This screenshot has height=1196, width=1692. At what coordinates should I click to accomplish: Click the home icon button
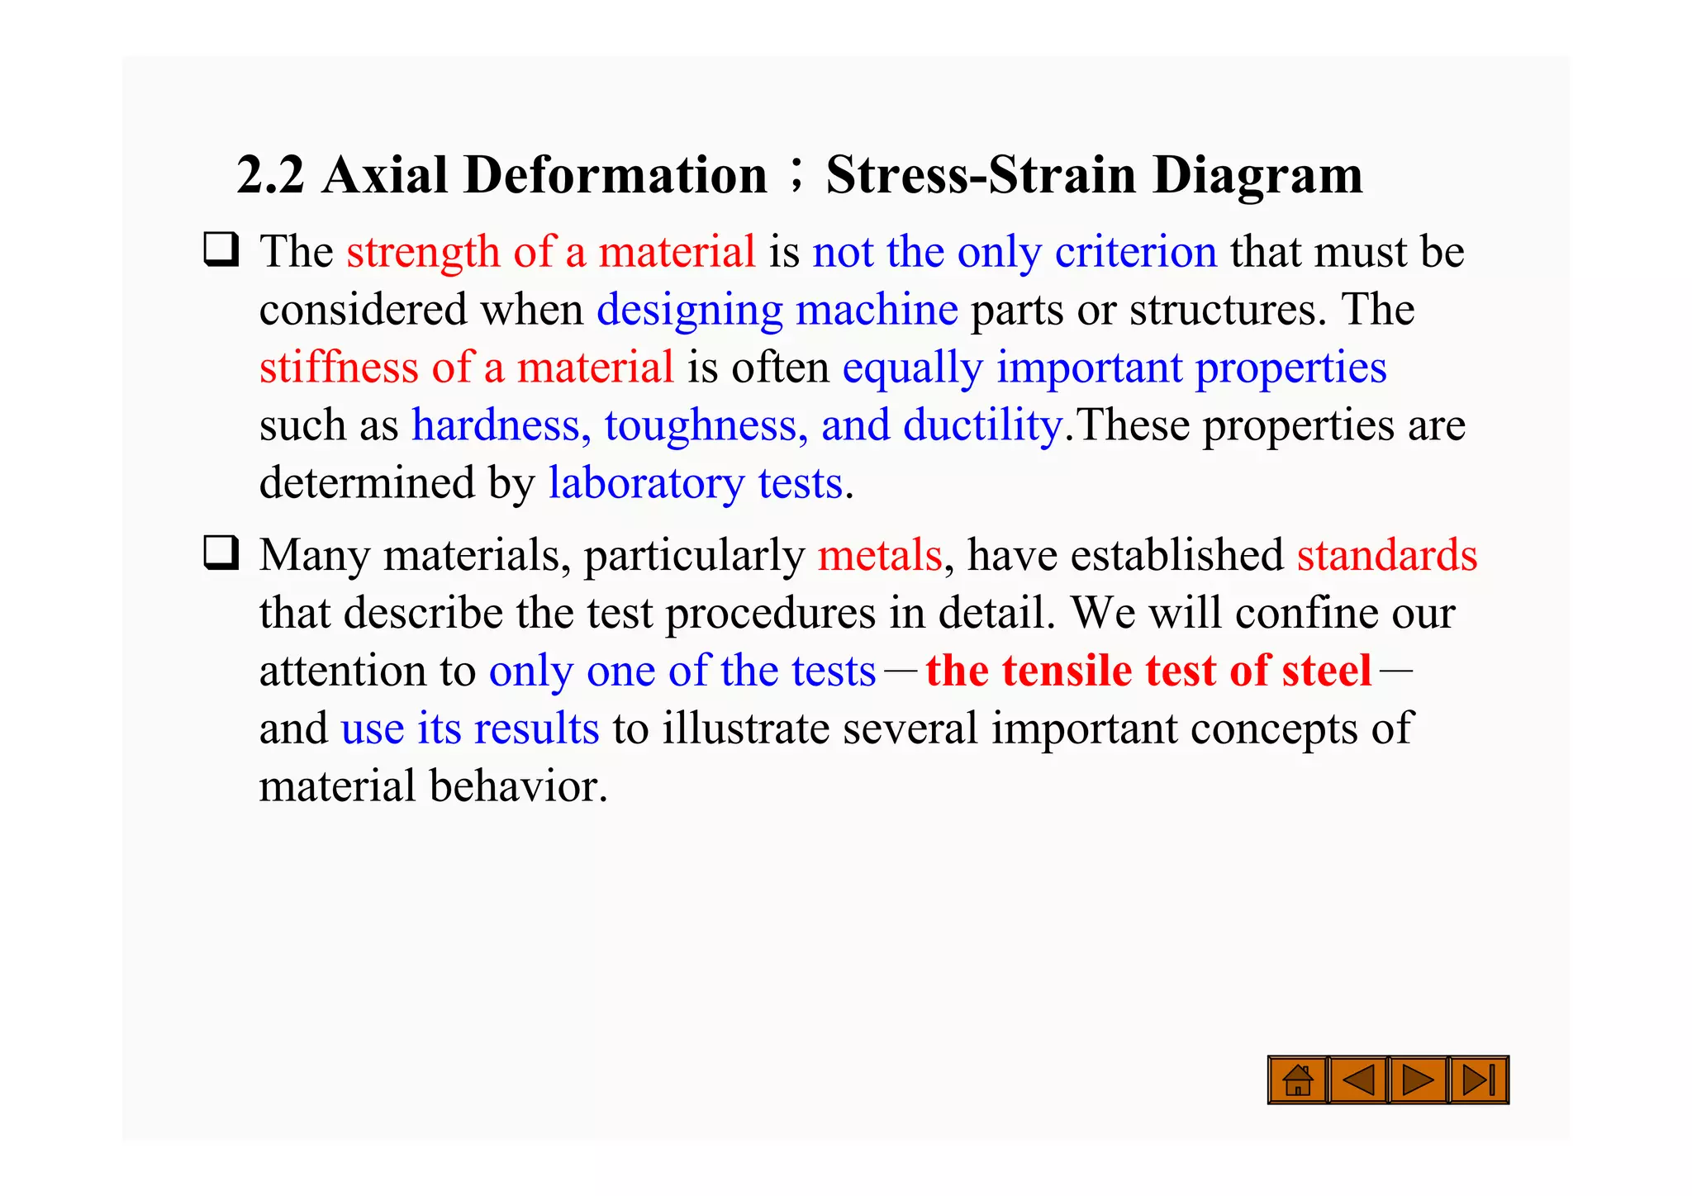point(1297,1080)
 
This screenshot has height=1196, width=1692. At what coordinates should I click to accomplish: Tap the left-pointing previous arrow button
point(1358,1080)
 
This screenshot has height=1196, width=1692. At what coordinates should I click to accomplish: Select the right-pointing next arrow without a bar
point(1418,1080)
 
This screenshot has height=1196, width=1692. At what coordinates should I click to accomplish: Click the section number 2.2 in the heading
point(270,175)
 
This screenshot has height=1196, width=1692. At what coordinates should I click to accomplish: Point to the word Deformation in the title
point(615,175)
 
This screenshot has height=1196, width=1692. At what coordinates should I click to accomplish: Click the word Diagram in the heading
point(1257,175)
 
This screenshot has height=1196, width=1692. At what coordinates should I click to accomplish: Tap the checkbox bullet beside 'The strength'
point(221,249)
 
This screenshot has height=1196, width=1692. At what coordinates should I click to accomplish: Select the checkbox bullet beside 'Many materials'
point(221,553)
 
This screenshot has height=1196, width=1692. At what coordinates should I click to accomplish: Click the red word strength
point(423,252)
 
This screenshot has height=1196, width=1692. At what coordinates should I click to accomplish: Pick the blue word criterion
point(1135,252)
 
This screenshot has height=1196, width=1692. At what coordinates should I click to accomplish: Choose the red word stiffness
point(339,367)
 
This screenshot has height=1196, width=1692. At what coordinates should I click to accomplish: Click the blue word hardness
point(501,425)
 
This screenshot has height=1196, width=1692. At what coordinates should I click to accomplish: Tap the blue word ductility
point(982,425)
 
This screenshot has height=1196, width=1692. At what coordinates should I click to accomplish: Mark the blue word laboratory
point(646,483)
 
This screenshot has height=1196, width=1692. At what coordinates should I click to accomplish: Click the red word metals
point(880,555)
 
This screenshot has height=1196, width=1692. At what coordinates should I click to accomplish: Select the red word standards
point(1386,555)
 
